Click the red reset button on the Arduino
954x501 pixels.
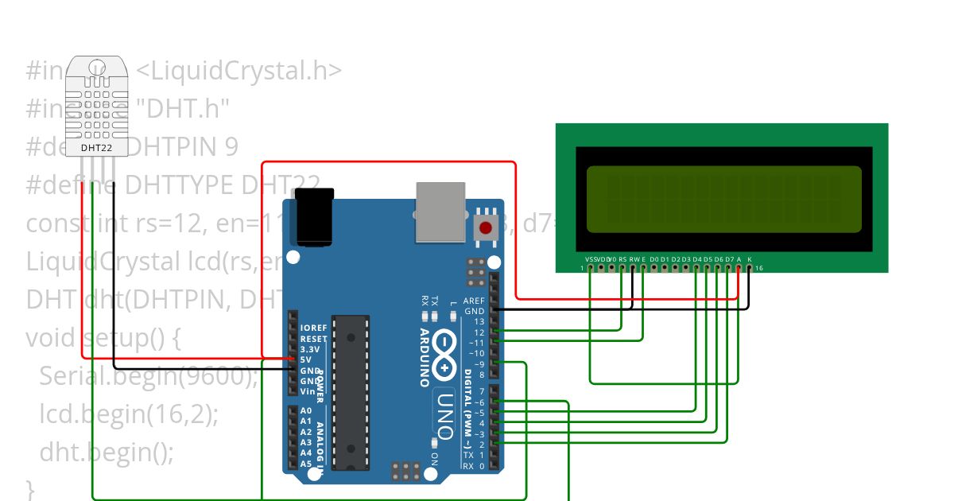click(485, 228)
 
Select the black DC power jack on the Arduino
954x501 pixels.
click(314, 216)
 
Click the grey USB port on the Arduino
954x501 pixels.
click(442, 211)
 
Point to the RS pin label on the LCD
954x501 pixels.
click(622, 259)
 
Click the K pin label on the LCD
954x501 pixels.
click(750, 259)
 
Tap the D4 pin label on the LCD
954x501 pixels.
click(697, 259)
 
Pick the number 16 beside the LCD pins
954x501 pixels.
click(758, 269)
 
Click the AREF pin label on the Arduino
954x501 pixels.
click(474, 301)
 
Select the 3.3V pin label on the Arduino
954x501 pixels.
click(311, 349)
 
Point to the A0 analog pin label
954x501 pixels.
click(306, 411)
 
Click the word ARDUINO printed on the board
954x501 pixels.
click(424, 357)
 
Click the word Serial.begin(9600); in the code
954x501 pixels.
click(149, 376)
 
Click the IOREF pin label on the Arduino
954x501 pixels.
click(313, 328)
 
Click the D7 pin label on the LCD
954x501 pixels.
click(729, 259)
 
